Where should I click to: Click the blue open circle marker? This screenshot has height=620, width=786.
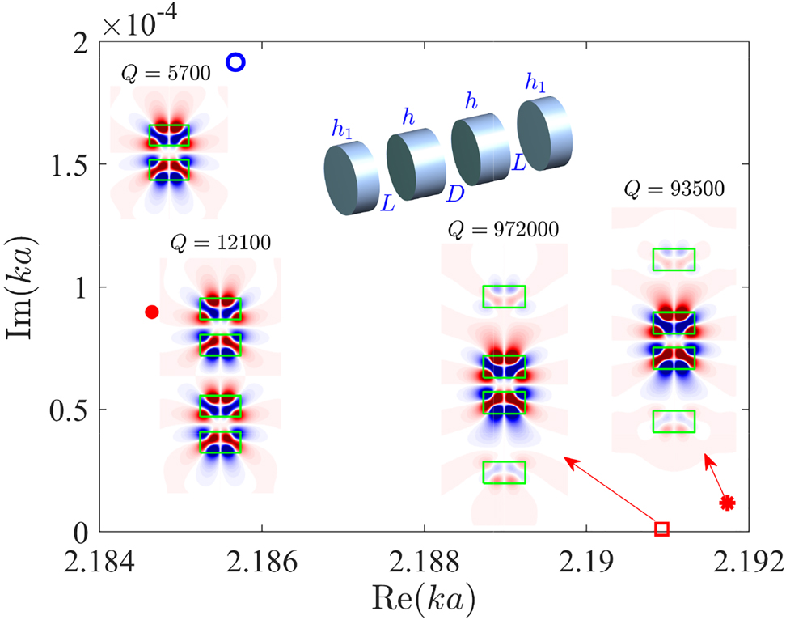(x=235, y=62)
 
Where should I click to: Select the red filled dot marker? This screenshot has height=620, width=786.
(x=151, y=312)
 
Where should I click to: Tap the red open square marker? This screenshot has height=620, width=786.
(x=661, y=529)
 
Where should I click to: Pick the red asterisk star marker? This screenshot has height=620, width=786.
(x=727, y=503)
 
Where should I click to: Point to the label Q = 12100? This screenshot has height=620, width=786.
(x=220, y=242)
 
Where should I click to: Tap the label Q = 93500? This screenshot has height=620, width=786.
(x=674, y=189)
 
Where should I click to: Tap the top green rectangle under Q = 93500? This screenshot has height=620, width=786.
(x=674, y=259)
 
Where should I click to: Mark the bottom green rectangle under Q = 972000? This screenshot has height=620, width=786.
(x=504, y=473)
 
